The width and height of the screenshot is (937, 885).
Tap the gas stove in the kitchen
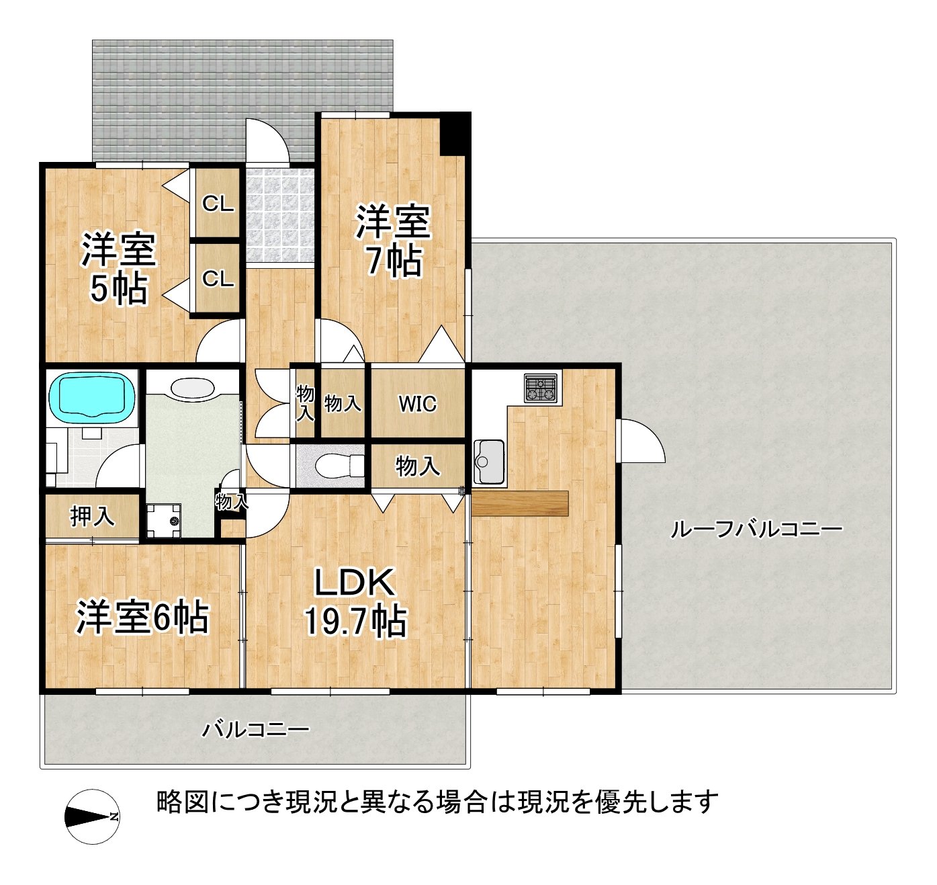tap(541, 388)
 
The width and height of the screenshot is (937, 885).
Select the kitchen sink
tap(490, 462)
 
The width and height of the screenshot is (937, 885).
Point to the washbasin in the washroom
tap(193, 388)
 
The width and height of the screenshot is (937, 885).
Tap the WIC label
tap(417, 404)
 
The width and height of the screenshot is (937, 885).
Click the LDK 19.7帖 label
tap(355, 602)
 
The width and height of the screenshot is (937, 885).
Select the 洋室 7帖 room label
tap(393, 241)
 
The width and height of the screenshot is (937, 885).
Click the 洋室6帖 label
tap(142, 617)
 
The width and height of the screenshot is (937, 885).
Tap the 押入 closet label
tap(93, 516)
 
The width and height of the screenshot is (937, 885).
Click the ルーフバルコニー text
tap(756, 530)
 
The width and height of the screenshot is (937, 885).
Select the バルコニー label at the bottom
tap(256, 729)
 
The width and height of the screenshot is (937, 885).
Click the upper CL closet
tap(218, 204)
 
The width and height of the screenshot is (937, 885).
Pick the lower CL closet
tap(218, 278)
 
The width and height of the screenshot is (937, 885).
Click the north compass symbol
tap(92, 816)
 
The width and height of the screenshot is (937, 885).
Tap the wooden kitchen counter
tap(520, 503)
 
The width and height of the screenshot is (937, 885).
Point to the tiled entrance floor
tap(280, 215)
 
